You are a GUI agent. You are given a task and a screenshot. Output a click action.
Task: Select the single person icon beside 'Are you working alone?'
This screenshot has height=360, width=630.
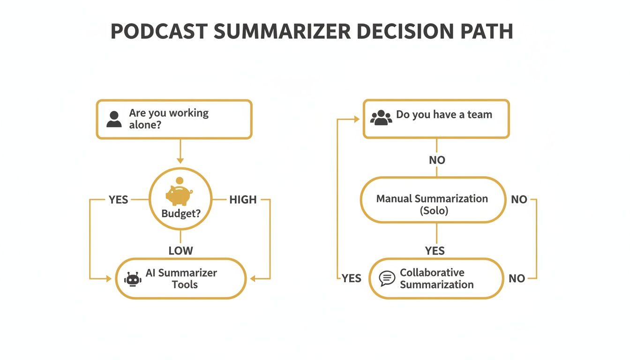[114, 119]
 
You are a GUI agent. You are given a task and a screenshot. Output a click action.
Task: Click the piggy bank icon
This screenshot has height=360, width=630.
[179, 195]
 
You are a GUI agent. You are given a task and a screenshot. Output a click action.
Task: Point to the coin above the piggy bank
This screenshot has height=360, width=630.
[179, 180]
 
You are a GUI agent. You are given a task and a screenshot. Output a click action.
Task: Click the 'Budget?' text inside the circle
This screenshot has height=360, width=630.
[181, 214]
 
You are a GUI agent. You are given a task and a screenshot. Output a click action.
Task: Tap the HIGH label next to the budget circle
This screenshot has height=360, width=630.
[243, 200]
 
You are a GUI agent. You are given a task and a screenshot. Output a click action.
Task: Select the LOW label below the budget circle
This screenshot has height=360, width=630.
[180, 251]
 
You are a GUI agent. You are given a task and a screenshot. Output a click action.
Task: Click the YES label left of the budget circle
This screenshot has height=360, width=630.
[118, 200]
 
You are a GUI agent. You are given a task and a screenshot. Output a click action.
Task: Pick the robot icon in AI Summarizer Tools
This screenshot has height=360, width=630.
[133, 279]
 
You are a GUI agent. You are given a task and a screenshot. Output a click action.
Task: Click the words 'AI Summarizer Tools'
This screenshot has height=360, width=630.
[181, 278]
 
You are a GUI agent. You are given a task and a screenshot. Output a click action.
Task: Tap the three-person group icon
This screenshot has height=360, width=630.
[381, 117]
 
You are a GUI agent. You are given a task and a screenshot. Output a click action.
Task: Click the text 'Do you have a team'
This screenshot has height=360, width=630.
[444, 114]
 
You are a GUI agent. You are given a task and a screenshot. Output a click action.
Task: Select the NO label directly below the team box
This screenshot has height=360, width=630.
[437, 160]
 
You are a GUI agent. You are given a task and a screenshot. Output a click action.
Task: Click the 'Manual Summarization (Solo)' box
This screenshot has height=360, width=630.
[433, 204]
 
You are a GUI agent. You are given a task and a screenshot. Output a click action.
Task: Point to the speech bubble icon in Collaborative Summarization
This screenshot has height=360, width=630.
[387, 278]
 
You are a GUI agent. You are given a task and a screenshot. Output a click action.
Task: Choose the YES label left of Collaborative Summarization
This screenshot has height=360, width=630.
[351, 278]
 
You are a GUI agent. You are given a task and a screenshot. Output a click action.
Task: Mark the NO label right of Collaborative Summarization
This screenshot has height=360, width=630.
[517, 278]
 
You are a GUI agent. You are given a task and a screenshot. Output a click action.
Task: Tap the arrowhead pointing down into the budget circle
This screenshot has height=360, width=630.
[180, 161]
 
